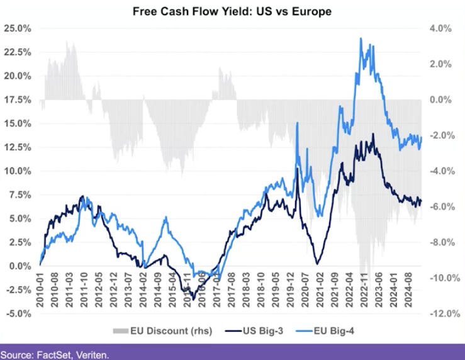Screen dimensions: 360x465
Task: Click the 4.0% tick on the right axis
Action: (439, 28)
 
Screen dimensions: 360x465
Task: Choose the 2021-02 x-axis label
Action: (318, 292)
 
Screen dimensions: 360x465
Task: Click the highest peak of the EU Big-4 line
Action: (361, 38)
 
